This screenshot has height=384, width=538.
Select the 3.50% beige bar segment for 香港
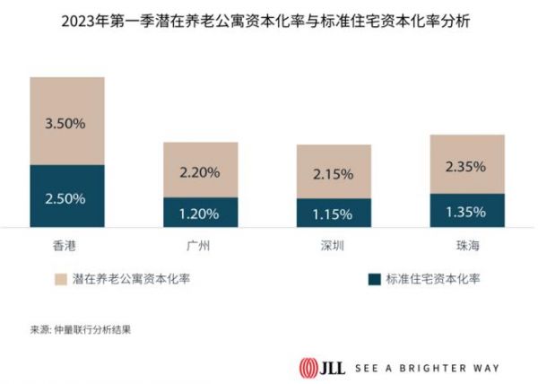click(67, 121)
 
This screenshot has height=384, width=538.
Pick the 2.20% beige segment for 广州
click(200, 170)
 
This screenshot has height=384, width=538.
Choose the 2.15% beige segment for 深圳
click(334, 171)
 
